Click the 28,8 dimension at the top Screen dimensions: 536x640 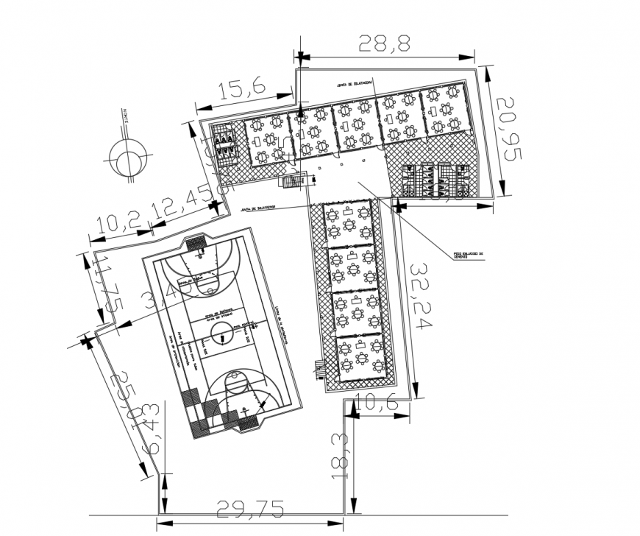tap(384, 43)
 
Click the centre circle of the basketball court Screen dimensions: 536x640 tap(221, 336)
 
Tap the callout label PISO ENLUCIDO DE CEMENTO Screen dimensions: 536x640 tap(470, 255)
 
